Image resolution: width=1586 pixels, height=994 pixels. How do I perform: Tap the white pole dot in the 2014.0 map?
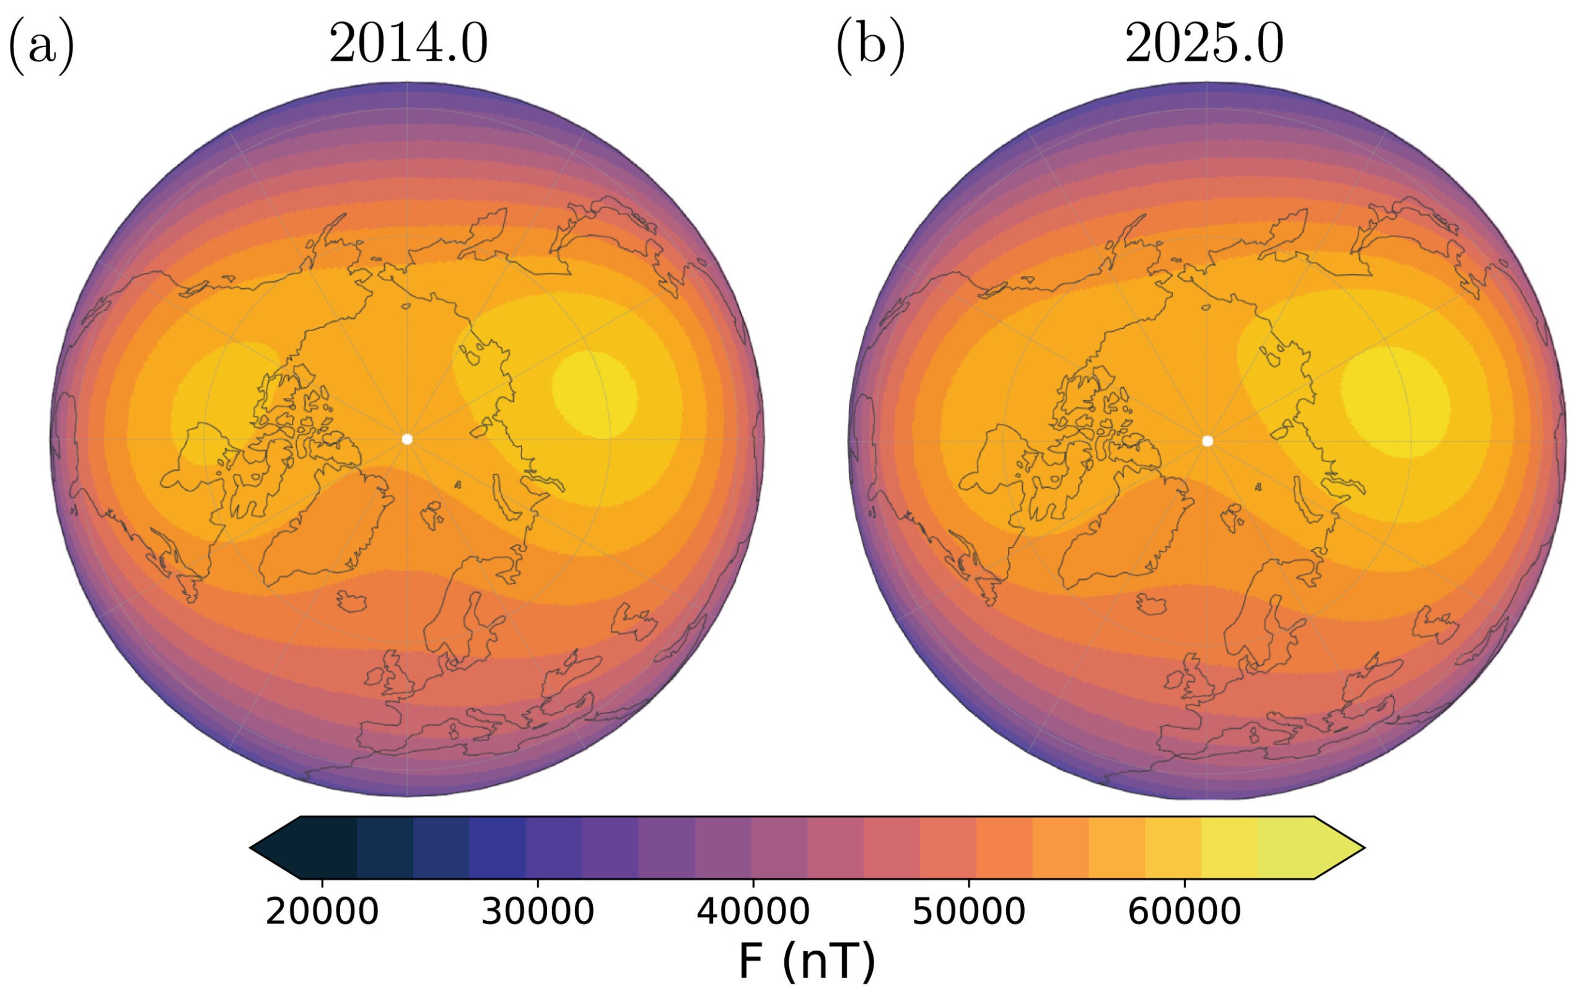407,439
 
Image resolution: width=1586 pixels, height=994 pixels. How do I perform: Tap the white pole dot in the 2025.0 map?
1207,441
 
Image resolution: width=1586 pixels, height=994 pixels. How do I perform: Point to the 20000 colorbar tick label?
322,912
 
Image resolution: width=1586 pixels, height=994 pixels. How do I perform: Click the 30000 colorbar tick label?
537,912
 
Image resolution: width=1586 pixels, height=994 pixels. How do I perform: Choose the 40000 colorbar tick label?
753,912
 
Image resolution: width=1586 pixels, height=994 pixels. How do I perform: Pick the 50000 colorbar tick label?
968,912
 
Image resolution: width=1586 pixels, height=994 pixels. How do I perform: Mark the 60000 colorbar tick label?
1184,912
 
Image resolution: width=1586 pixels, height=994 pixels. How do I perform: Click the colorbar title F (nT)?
807,961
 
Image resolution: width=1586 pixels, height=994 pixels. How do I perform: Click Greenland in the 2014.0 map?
322,526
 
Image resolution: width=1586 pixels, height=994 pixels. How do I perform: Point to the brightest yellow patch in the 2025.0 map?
1395,401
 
